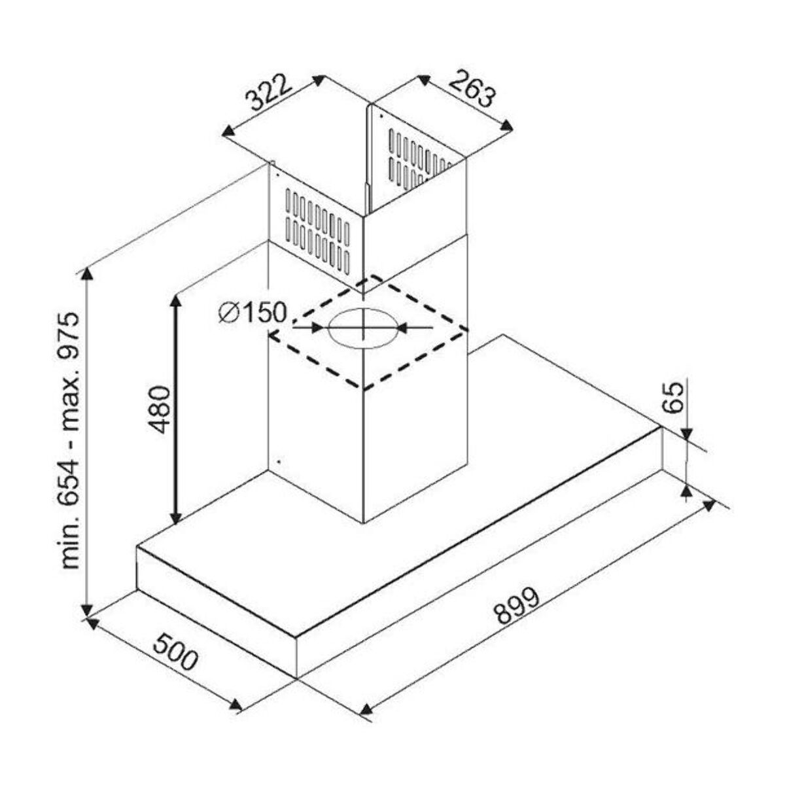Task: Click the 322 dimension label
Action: [268, 94]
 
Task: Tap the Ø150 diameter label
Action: [254, 313]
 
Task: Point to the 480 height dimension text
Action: [159, 410]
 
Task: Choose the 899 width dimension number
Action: [517, 606]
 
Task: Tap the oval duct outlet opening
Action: [362, 326]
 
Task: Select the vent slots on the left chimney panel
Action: [318, 230]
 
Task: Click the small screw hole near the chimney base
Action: [278, 461]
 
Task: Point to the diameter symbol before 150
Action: [227, 313]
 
